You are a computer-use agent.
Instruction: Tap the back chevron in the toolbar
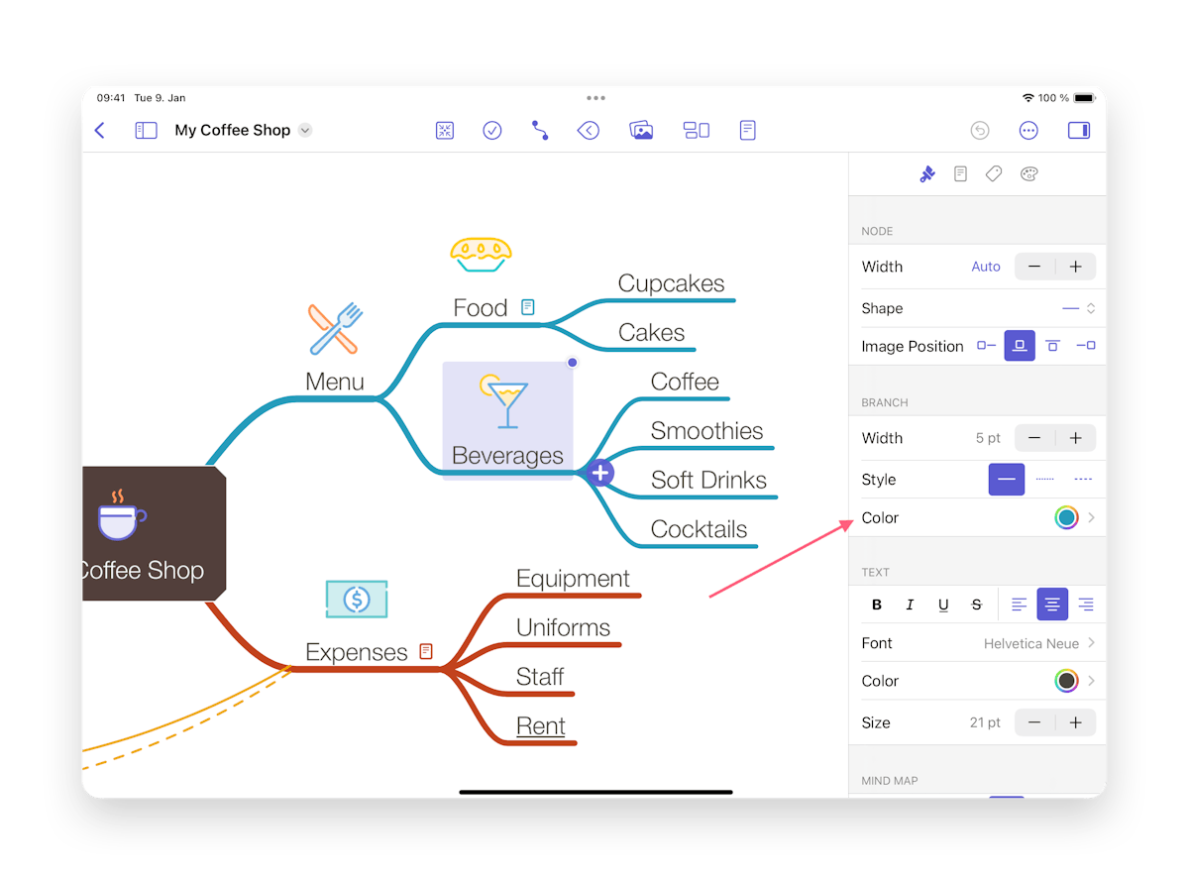(x=100, y=130)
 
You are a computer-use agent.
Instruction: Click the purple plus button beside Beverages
(x=599, y=473)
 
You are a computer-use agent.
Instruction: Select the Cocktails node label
(x=699, y=529)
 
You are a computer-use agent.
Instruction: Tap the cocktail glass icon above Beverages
(x=503, y=401)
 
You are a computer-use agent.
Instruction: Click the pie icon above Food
(x=481, y=254)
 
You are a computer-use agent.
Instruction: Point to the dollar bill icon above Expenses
(x=357, y=599)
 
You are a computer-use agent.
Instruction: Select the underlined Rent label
(x=540, y=725)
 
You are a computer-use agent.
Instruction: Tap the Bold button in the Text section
(x=877, y=605)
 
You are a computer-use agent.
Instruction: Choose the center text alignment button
(x=1051, y=605)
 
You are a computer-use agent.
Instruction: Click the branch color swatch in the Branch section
(x=1066, y=517)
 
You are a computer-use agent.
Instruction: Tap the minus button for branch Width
(x=1034, y=438)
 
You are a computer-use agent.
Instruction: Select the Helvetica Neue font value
(x=1030, y=643)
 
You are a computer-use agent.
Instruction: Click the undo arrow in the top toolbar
(x=979, y=130)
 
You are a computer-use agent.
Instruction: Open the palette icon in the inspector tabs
(x=1028, y=173)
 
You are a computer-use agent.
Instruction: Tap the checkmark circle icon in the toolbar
(x=491, y=130)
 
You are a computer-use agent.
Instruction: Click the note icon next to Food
(x=527, y=307)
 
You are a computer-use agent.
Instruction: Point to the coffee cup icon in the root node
(x=122, y=515)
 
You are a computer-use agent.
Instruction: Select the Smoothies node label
(x=706, y=430)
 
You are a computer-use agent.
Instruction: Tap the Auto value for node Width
(x=985, y=267)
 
